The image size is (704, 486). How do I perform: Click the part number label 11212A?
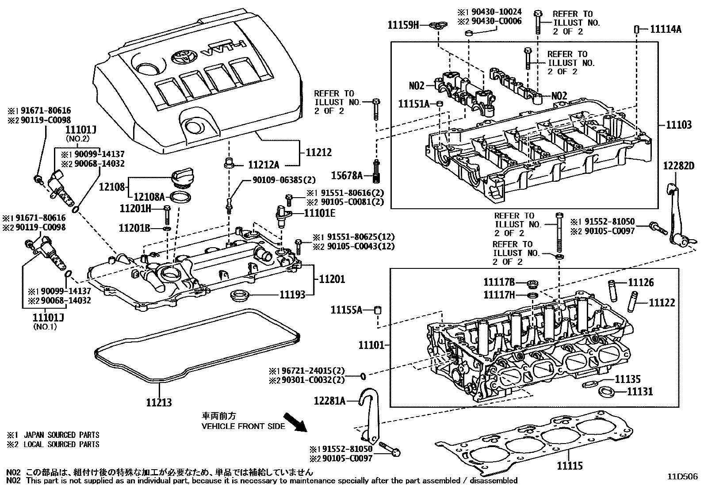point(264,165)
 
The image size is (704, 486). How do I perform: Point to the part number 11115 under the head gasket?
point(569,466)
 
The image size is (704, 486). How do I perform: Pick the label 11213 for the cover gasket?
point(159,403)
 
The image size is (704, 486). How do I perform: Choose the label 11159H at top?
point(403,25)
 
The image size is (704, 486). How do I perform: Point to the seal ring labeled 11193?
point(241,295)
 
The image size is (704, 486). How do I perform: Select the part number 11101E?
point(320,213)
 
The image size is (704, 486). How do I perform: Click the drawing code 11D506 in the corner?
point(682,476)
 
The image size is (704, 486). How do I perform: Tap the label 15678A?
point(347,176)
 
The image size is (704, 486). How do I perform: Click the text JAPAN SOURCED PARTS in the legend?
point(61,435)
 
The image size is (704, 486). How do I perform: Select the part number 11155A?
point(346,310)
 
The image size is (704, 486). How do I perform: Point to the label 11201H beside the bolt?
point(135,208)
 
